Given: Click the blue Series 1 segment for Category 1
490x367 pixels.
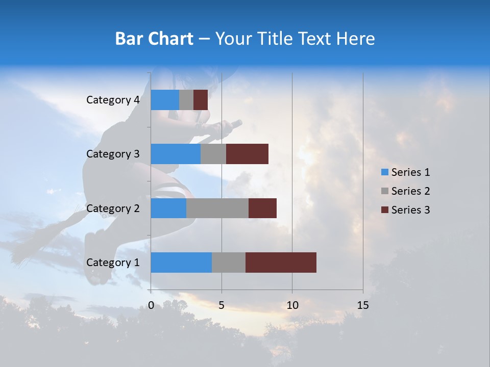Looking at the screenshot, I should click(x=181, y=262).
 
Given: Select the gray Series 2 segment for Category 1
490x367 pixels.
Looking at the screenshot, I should click(x=229, y=262).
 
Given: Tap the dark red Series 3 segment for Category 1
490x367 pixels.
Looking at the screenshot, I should click(x=281, y=262).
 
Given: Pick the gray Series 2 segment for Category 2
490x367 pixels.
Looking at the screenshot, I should click(x=217, y=208).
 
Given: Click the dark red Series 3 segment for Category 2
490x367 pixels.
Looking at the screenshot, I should click(x=262, y=208).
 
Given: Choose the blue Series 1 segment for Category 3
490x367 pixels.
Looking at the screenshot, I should click(x=176, y=154).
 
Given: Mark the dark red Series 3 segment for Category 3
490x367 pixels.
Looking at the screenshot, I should click(x=247, y=154).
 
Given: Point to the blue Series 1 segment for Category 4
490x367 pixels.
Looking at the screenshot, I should click(x=165, y=100).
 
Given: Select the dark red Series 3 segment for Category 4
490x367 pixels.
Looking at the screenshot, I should click(x=201, y=100).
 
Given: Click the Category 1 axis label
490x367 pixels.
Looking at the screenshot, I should click(x=112, y=263).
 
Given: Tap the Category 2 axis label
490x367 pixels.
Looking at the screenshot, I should click(x=112, y=208).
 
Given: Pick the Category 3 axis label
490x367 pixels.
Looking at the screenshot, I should click(x=112, y=154).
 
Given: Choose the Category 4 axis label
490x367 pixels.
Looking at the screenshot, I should click(x=112, y=100).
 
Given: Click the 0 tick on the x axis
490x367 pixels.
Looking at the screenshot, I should click(x=151, y=305).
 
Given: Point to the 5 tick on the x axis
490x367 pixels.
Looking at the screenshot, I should click(x=222, y=305).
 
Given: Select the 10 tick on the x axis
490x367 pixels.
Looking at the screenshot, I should click(x=292, y=305).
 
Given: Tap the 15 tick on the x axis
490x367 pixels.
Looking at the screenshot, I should click(x=363, y=305).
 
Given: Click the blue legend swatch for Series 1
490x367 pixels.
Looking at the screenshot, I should click(x=385, y=172).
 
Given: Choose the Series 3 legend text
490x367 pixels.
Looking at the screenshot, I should click(x=410, y=210).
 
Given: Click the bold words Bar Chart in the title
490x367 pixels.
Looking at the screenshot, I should click(x=154, y=39).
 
